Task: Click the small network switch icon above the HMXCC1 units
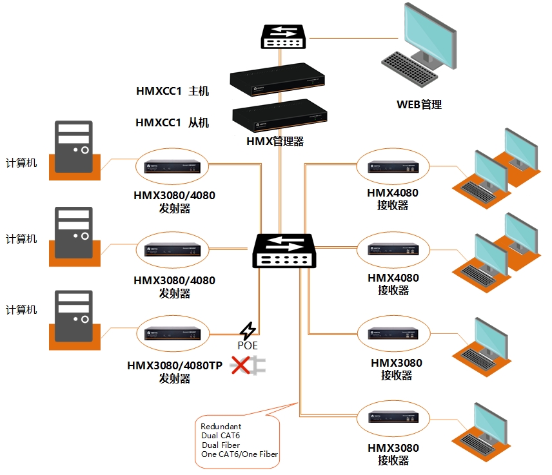click(x=282, y=37)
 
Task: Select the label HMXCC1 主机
click(x=172, y=91)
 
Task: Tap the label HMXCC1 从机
click(x=172, y=122)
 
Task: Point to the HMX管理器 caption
click(x=275, y=141)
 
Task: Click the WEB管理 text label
click(x=419, y=104)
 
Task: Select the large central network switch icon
click(x=283, y=251)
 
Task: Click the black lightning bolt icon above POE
click(x=247, y=331)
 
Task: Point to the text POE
click(x=247, y=346)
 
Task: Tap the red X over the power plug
click(x=241, y=366)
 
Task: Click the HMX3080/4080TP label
click(x=175, y=366)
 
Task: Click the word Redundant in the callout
click(x=221, y=426)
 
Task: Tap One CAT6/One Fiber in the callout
click(x=239, y=454)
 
